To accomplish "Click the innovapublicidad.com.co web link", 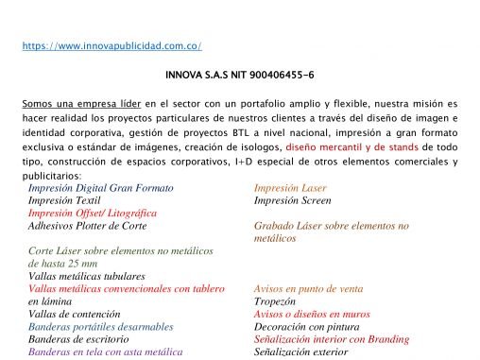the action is coord(111,45).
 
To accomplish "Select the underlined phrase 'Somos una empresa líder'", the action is coord(78,101).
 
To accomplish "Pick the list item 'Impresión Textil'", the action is coord(64,200).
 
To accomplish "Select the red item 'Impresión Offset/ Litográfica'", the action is coord(93,214).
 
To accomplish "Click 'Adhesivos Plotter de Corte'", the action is coord(87,226).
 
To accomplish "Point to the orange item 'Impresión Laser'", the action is coord(290,188).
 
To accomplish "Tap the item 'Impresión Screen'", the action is coord(292,200).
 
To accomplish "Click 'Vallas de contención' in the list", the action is coord(74,314).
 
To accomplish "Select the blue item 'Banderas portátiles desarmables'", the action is coord(101,326).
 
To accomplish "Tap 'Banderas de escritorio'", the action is coord(77,338).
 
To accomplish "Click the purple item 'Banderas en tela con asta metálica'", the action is coord(105,351).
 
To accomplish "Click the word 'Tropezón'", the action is coord(275,301).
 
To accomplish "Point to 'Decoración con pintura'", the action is coord(305,326).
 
